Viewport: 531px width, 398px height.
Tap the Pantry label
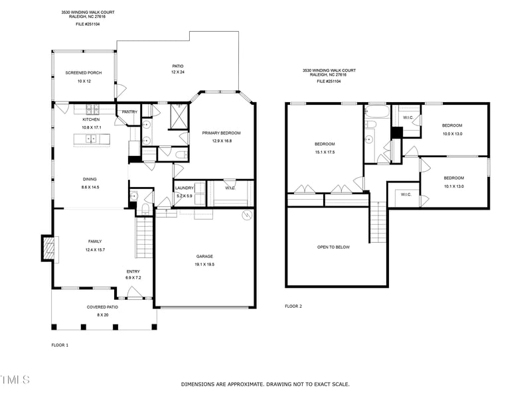pyautogui.click(x=129, y=111)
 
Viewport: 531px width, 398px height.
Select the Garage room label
pyautogui.click(x=204, y=256)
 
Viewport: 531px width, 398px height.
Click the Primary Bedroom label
pyautogui.click(x=221, y=133)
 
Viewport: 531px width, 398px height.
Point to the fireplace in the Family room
pyautogui.click(x=48, y=248)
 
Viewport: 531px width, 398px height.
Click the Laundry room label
pyautogui.click(x=184, y=188)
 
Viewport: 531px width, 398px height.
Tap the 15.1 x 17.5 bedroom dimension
pyautogui.click(x=325, y=152)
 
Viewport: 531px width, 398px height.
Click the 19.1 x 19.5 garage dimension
pyautogui.click(x=204, y=264)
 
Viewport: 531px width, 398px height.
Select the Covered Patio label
pyautogui.click(x=103, y=307)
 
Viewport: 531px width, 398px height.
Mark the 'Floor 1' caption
pyautogui.click(x=60, y=345)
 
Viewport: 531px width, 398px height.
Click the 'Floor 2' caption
pyautogui.click(x=293, y=306)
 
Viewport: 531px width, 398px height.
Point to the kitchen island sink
pyautogui.click(x=92, y=139)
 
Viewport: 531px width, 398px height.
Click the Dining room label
pyautogui.click(x=90, y=180)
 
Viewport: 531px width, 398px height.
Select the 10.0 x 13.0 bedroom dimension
pyautogui.click(x=453, y=133)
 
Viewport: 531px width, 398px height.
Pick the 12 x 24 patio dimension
pyautogui.click(x=177, y=72)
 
